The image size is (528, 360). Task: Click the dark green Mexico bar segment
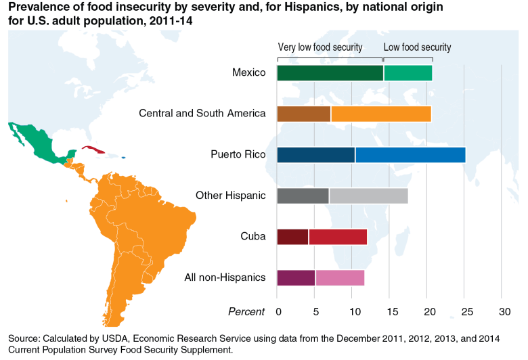(x=330, y=73)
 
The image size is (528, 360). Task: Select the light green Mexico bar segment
(x=408, y=73)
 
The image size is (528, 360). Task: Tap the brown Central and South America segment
(x=303, y=114)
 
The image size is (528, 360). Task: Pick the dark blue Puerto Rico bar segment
(x=315, y=155)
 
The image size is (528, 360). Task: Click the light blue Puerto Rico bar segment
(x=410, y=155)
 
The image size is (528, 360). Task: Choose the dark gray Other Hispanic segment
(x=303, y=196)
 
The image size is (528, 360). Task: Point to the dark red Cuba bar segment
(x=292, y=237)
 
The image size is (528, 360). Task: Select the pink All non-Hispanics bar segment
(x=340, y=277)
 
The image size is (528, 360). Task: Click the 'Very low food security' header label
(x=320, y=47)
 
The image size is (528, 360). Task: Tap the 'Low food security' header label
(x=417, y=47)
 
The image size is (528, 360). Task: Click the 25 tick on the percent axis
(x=464, y=312)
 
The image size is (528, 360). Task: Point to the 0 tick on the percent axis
(x=278, y=312)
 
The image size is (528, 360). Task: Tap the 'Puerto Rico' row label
(x=238, y=155)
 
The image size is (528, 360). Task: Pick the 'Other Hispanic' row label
(x=230, y=196)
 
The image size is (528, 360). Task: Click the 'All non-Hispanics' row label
(x=225, y=277)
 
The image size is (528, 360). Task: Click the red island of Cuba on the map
(x=92, y=149)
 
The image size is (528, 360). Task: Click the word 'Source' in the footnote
(x=24, y=338)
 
